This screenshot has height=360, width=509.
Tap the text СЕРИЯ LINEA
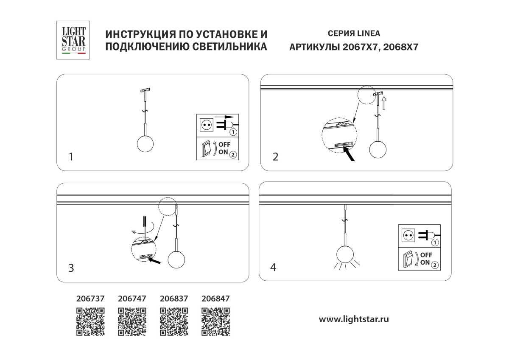pos(354,33)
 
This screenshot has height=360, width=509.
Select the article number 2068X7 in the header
pos(401,47)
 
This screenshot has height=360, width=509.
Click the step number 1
pos(71,157)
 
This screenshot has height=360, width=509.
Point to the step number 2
pos(276,157)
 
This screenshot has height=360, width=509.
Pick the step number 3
pos(71,268)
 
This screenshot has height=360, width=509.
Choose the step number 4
pos(274,267)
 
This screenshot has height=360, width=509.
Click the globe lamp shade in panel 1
pos(145,143)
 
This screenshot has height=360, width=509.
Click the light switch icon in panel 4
pos(408,260)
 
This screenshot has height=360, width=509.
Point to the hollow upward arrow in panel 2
pos(384,102)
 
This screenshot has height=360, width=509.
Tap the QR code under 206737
pos(90,321)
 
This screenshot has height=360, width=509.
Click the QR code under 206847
pos(215,321)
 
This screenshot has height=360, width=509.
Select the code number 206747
pos(132,299)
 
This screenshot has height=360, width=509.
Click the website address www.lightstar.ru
pos(354,319)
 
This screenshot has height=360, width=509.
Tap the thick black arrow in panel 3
pos(157,262)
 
